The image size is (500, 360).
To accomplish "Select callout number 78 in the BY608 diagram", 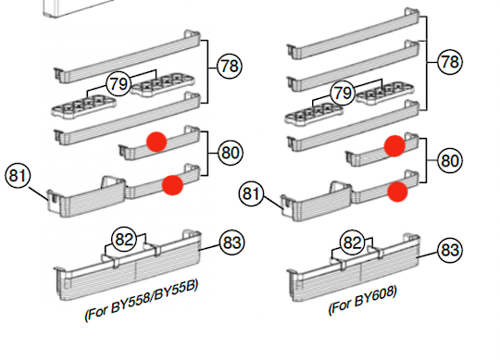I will (450, 63).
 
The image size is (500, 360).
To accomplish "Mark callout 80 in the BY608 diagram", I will (450, 159).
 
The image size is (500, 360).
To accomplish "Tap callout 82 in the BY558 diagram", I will (124, 240).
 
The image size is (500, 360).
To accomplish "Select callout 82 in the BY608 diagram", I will (353, 243).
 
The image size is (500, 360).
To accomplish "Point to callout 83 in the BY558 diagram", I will (231, 242).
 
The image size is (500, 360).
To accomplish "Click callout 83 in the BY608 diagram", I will (450, 249).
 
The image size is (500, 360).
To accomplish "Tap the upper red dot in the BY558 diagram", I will (158, 141).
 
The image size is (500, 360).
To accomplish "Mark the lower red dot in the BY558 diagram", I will (171, 185).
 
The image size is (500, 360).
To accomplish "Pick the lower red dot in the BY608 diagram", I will (397, 191).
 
